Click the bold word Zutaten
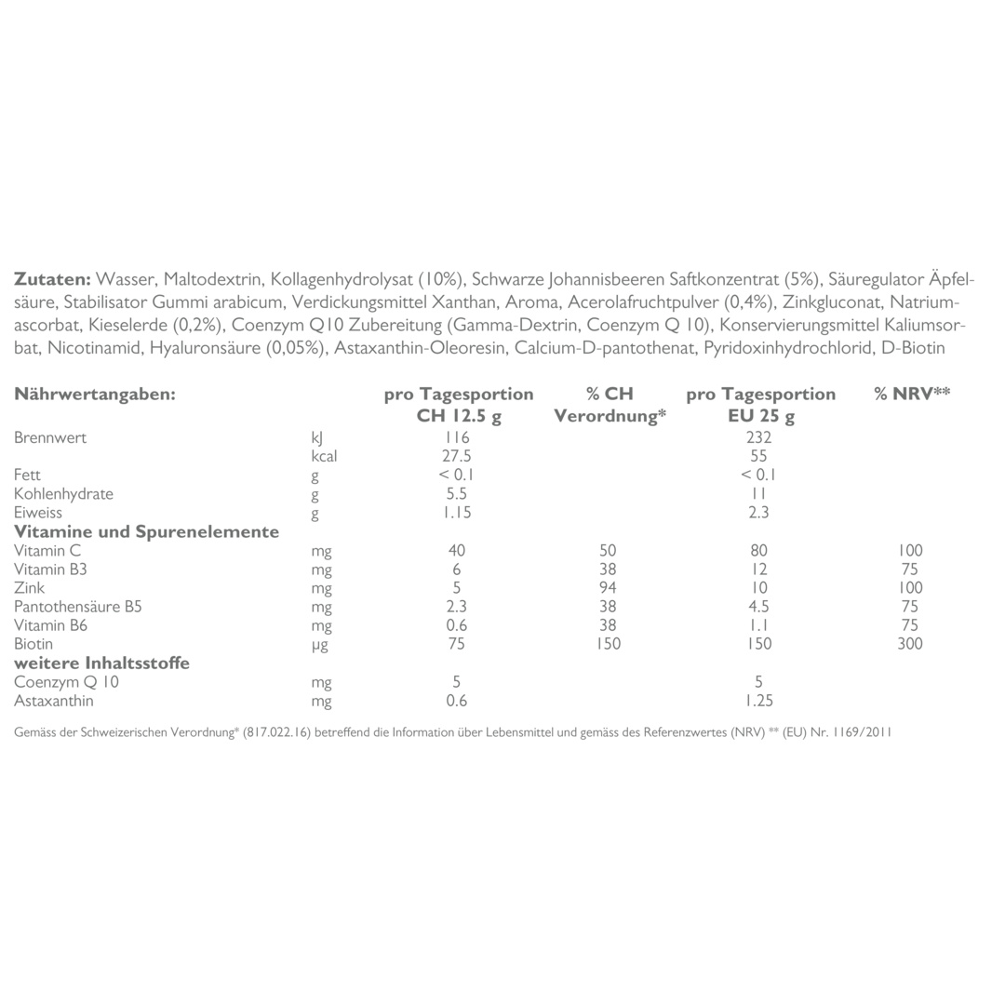[x=52, y=279]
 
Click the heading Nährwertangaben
[x=95, y=394]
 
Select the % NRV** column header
[x=912, y=394]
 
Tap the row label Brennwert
[x=50, y=437]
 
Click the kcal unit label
[x=324, y=456]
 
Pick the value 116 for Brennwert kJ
[x=457, y=437]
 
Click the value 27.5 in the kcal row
[x=457, y=456]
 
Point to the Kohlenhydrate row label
[x=63, y=493]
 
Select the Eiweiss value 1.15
[x=457, y=512]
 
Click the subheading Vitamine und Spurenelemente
[x=146, y=532]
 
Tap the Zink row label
[x=29, y=587]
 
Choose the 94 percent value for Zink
[x=608, y=587]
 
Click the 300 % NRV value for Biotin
[x=909, y=644]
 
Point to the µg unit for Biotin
[x=320, y=644]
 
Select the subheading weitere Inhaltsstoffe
[x=101, y=663]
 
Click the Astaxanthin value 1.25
[x=758, y=701]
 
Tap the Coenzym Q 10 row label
[x=66, y=682]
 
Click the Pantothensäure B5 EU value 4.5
[x=758, y=607]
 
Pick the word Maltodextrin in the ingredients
[x=215, y=279]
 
